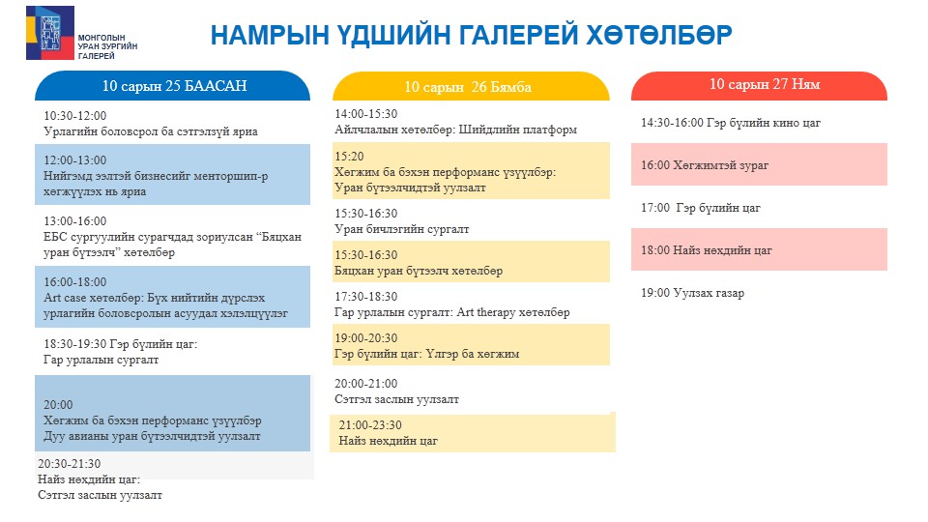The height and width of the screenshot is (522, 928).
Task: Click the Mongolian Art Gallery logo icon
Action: tap(50, 33)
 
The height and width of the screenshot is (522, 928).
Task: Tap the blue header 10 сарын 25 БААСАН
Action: tap(172, 86)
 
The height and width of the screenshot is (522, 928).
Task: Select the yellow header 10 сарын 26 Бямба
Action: tap(471, 87)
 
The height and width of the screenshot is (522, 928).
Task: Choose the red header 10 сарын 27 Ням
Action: tap(759, 85)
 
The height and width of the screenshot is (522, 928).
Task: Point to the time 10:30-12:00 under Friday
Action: tap(75, 115)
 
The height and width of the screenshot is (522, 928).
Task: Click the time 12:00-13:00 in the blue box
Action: tap(75, 159)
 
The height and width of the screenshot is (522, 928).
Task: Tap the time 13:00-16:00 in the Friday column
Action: tap(75, 220)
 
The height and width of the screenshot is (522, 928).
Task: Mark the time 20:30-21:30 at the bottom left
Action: tap(70, 463)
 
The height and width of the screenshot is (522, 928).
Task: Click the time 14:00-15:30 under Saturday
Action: tap(366, 114)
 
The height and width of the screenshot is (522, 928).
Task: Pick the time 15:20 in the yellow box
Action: tap(349, 157)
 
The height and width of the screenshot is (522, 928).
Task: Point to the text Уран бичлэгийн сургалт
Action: tap(402, 229)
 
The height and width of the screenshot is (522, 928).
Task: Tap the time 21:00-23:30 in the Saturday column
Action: tap(370, 425)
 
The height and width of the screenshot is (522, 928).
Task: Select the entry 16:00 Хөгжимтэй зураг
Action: tap(705, 165)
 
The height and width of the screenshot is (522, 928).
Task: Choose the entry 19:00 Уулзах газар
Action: tap(692, 293)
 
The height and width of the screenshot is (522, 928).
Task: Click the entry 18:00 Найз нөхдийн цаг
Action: tap(707, 250)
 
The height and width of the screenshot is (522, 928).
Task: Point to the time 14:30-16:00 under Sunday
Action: tap(673, 123)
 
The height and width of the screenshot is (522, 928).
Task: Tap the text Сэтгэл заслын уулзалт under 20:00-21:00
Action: tap(396, 399)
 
